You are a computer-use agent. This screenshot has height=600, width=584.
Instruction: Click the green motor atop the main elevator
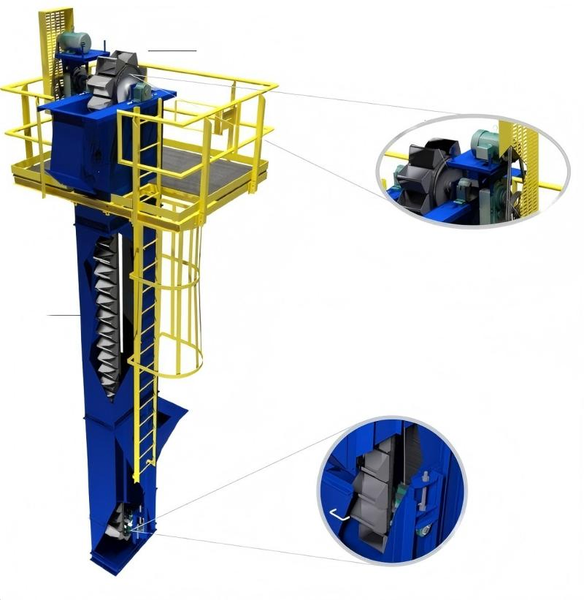[x=74, y=42]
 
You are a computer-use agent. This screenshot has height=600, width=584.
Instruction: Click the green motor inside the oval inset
[x=483, y=142]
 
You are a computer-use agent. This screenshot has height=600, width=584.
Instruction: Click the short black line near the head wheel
[x=172, y=50]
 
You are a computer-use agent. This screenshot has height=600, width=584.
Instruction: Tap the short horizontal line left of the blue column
[x=64, y=315]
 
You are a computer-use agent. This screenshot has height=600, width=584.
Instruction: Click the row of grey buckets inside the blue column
[x=108, y=314]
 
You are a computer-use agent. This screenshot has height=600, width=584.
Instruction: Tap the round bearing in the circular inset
[x=421, y=531]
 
